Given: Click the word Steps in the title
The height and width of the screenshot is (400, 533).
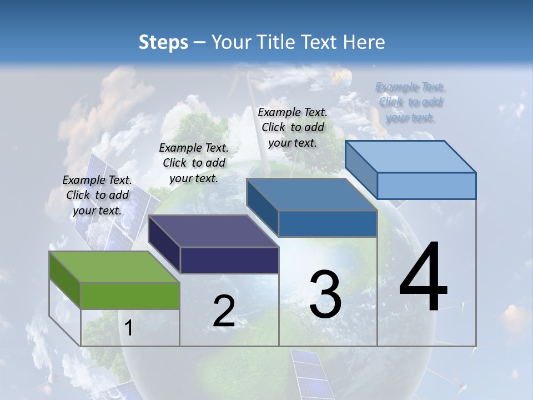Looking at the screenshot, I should point(163,42).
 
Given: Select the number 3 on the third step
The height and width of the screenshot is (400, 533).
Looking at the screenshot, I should point(325,294).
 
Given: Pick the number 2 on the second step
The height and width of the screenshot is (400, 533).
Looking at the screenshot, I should point(224,311).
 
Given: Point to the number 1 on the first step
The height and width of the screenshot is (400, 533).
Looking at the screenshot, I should point(129,328).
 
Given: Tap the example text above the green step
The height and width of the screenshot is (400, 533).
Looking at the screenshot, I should point(97,195).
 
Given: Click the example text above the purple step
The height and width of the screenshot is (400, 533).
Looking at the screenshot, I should point(194,163).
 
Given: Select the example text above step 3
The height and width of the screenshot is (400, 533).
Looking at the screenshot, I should point(293,127).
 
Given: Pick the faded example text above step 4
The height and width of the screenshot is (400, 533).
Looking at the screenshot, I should point(410,102).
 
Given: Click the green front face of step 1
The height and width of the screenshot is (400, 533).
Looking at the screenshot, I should point(130,296).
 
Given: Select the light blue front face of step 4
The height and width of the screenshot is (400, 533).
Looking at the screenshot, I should point(426,186).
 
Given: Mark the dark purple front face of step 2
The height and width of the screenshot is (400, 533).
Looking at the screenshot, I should point(229,260).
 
